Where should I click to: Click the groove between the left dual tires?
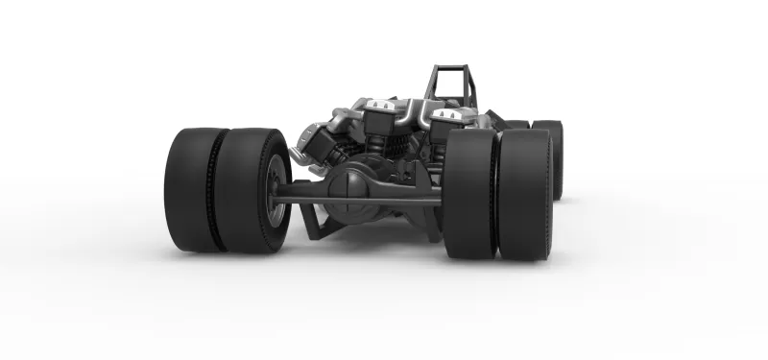[x=220, y=189]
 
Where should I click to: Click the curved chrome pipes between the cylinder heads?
[x=413, y=113]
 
